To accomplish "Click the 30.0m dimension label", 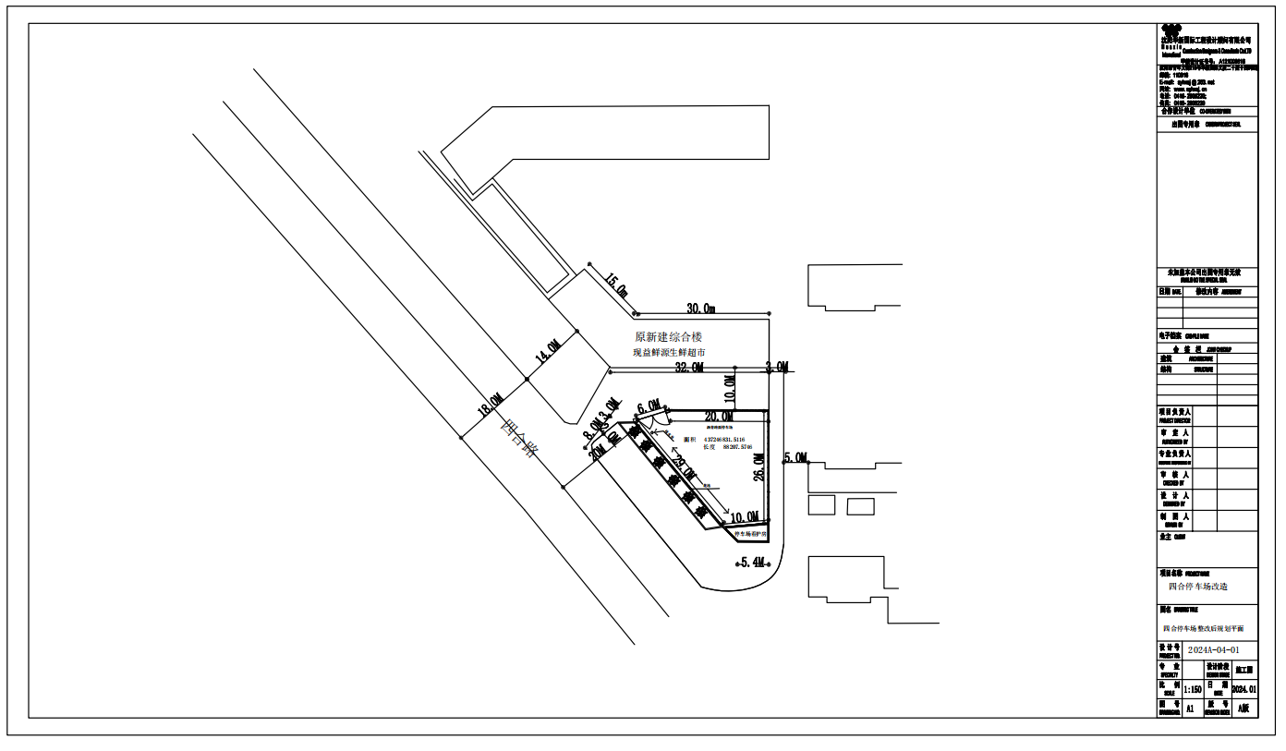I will coord(701,308).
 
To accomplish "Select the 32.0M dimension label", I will coord(688,368).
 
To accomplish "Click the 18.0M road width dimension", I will coord(491,406).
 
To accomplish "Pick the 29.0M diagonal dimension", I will coord(683,468).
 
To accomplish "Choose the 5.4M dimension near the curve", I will coord(753,562).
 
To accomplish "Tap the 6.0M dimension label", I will coord(649,406).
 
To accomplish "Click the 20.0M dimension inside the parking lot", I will coord(719,417).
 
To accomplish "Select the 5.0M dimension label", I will coord(795,457).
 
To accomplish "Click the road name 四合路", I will coord(518,440).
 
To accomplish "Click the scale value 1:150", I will coord(1192,689).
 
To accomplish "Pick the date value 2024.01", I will coord(1244,689).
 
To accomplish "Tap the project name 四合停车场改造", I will coord(1198,587).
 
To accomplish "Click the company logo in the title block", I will coord(1171,33).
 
